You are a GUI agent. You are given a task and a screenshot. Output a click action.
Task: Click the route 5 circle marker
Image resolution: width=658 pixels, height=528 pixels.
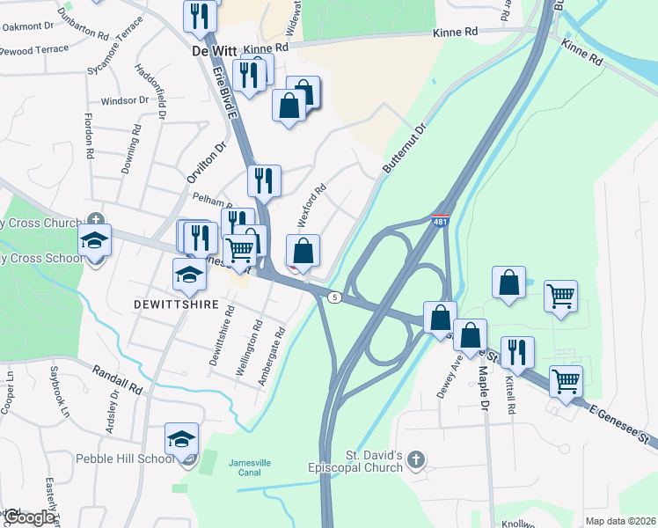[334, 297]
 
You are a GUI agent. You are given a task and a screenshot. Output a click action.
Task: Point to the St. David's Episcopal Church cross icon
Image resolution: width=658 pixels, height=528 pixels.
[417, 459]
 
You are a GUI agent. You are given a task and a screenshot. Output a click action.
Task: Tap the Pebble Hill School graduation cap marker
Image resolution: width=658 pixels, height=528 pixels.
[182, 439]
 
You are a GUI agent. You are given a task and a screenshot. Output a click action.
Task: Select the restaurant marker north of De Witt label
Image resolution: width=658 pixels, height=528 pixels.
[200, 16]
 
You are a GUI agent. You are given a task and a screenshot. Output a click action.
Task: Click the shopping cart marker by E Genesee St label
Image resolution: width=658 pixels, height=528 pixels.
[567, 381]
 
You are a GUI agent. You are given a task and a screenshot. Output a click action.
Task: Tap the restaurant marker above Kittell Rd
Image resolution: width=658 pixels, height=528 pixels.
[517, 352]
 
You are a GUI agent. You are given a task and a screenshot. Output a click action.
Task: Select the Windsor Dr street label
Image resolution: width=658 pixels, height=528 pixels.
[125, 101]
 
